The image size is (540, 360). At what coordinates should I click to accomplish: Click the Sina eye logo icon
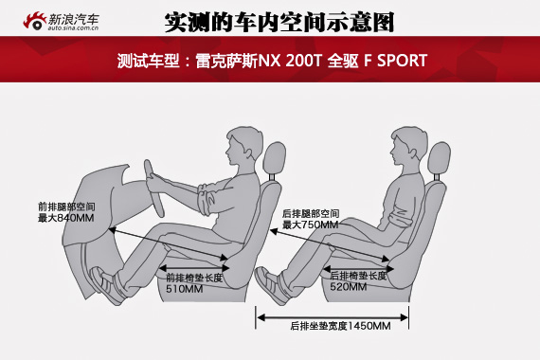point(34,21)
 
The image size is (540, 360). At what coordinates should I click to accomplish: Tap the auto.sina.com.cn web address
point(73,27)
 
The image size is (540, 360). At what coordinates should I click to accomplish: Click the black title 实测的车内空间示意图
point(279,23)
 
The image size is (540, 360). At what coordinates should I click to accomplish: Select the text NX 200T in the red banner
point(290,61)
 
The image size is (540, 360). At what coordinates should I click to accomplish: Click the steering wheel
point(153,189)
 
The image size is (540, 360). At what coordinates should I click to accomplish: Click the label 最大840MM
point(65,218)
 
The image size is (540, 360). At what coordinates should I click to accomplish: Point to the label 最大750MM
point(311,225)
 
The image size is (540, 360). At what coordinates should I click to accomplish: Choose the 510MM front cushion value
point(184,289)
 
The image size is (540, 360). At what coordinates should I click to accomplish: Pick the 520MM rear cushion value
point(349,286)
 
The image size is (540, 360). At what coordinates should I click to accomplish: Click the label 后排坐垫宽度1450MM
point(340,326)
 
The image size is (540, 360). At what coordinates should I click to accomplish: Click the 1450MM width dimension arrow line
point(333,317)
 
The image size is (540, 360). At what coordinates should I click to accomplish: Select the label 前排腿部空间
point(66,207)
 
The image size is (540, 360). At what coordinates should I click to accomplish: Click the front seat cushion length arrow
point(194,268)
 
